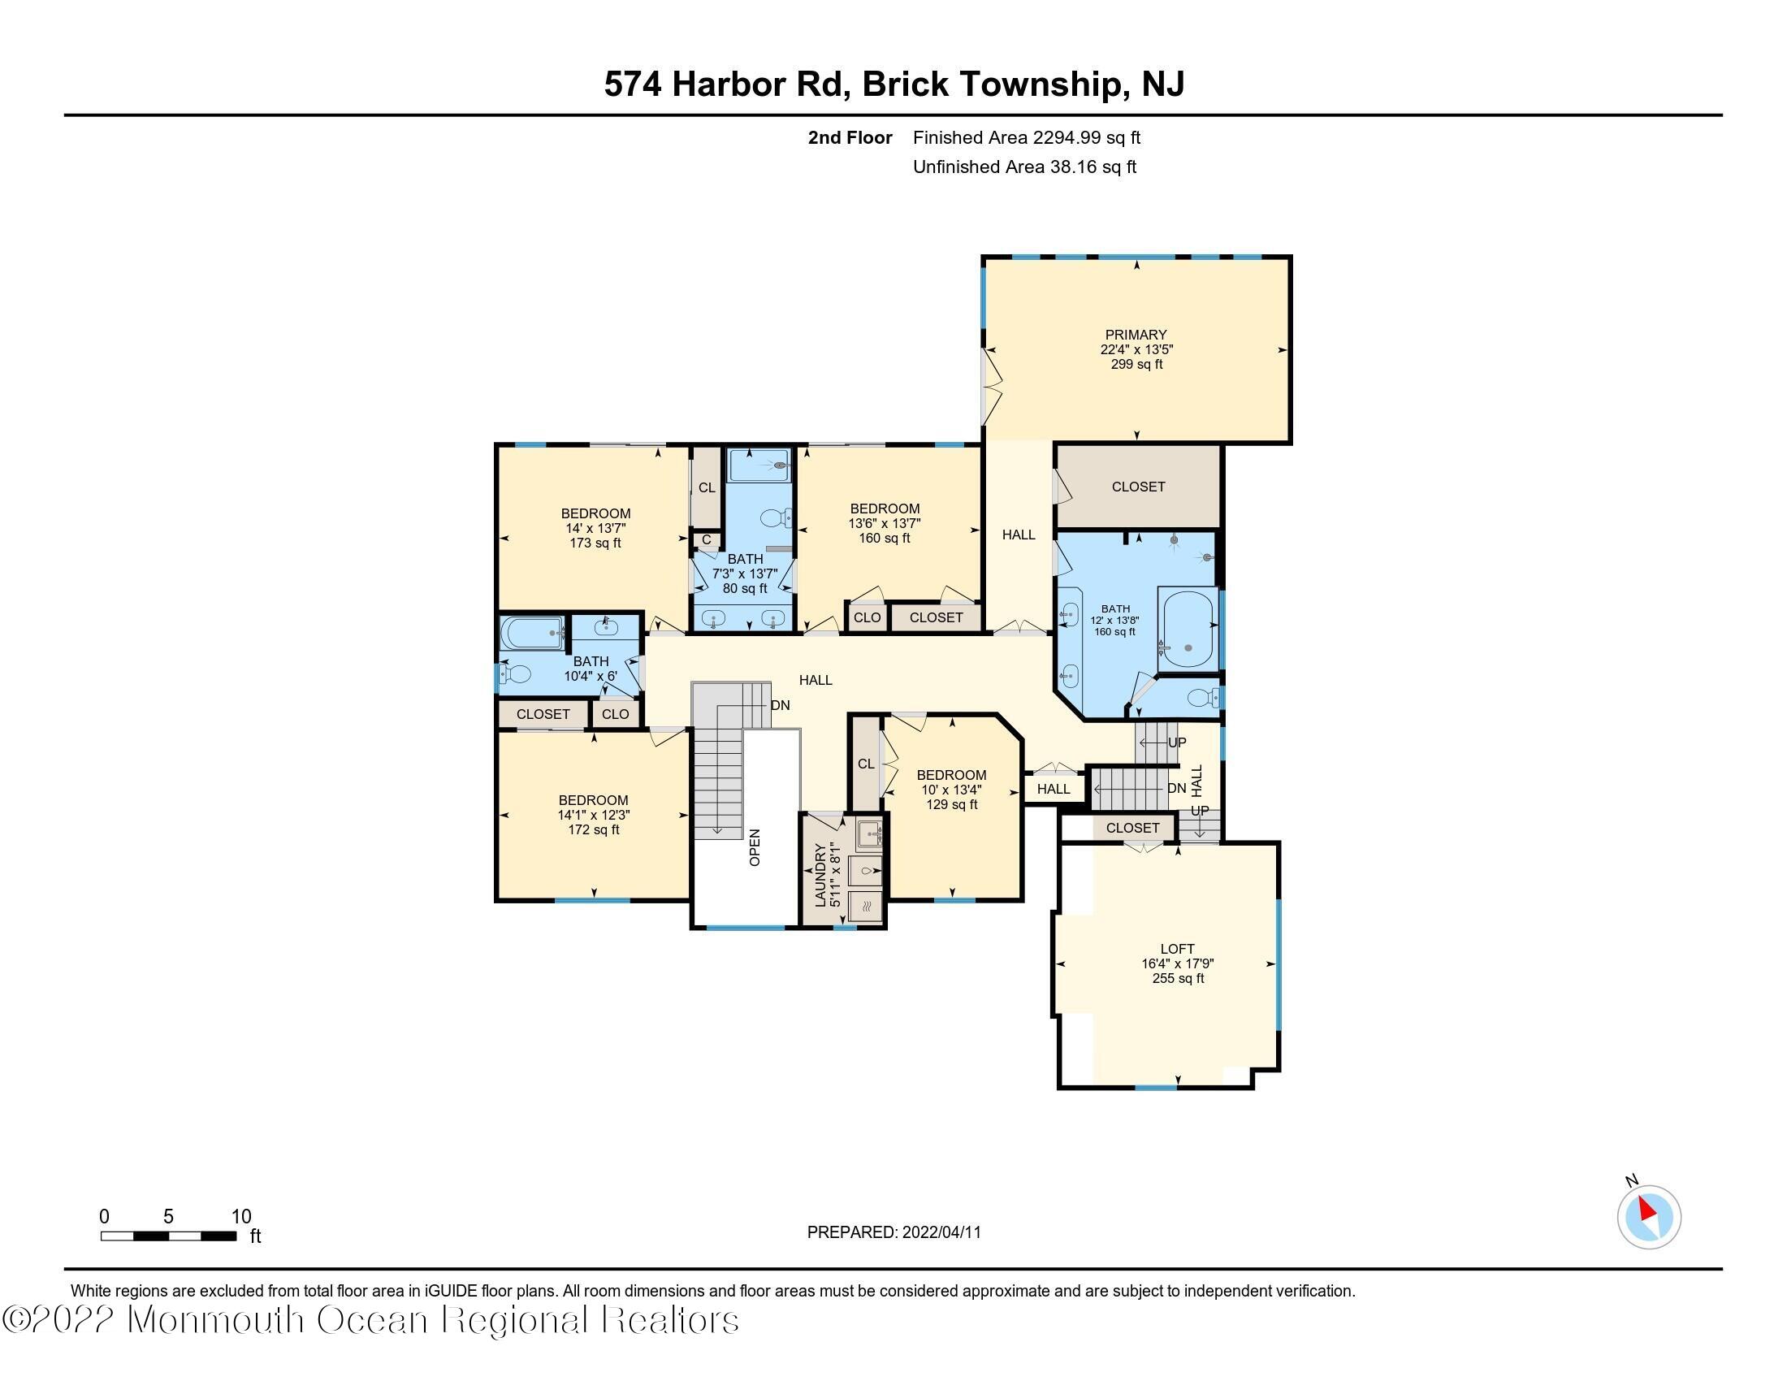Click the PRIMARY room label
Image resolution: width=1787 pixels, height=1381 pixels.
pos(1136,335)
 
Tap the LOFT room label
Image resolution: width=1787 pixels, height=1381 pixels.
pos(1178,949)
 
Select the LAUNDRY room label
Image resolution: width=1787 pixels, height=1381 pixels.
pos(820,875)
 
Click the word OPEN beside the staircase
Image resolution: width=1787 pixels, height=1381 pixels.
pos(755,847)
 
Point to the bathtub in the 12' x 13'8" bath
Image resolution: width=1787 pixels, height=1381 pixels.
pos(1188,628)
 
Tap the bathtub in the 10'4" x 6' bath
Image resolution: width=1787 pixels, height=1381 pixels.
pos(533,632)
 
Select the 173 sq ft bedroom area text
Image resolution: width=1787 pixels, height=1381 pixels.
pos(595,543)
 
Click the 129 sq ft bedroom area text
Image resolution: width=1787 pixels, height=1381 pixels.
pos(952,804)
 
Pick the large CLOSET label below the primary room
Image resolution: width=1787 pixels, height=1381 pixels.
pos(1138,487)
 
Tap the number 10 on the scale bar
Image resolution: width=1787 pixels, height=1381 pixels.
pos(240,1217)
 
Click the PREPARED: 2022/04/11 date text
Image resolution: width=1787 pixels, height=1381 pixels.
pos(893,1232)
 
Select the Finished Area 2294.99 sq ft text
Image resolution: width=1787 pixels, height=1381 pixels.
pos(1026,137)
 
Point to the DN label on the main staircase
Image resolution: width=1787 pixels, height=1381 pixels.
pos(780,705)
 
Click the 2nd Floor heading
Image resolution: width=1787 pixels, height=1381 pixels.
pos(850,137)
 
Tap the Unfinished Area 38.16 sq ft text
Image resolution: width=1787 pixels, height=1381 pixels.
pos(1024,167)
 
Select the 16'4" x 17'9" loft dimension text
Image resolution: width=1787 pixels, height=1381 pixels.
pos(1178,963)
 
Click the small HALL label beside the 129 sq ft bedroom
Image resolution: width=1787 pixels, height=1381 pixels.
pos(1053,789)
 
